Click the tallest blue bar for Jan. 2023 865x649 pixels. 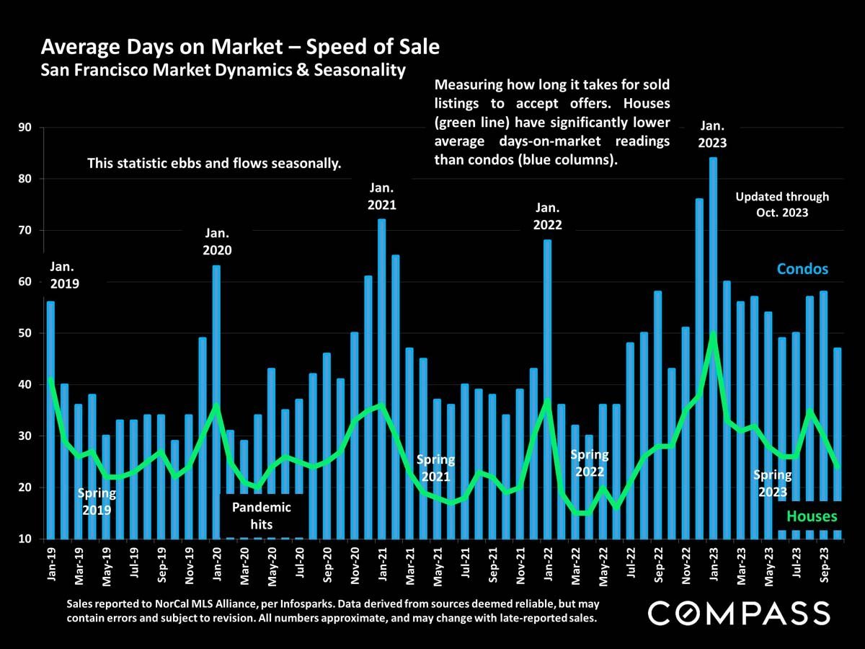713,346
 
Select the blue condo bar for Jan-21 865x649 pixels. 382,375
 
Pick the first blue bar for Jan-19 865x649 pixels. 50,418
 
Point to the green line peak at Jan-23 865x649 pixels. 713,334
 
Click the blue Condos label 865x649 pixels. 802,269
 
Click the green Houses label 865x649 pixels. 812,516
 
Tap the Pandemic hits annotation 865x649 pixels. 261,516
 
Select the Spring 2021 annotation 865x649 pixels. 436,468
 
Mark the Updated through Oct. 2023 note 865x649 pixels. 782,204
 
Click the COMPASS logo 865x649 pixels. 739,614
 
